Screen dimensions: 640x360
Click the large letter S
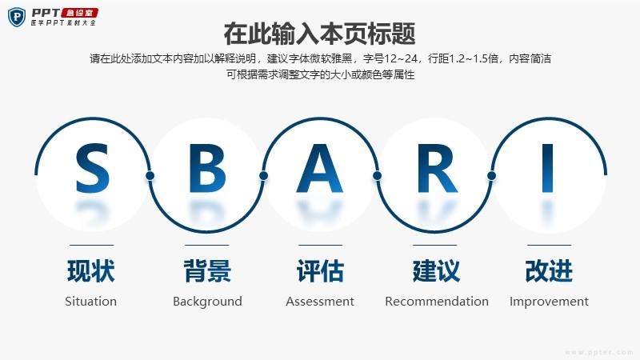coord(93,168)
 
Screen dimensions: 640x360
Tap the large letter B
coord(207,168)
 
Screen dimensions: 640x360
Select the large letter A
coord(319,168)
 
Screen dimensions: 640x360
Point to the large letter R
coord(437,168)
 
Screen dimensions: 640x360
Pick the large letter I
coord(547,168)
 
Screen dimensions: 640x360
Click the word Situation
coord(90,302)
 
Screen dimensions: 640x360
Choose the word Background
coord(207,302)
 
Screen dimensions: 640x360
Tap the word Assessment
coord(319,302)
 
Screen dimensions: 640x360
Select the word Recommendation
coord(437,302)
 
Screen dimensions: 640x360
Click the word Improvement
coord(549,302)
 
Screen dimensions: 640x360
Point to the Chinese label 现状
coord(91,270)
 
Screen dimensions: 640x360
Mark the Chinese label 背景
coord(207,270)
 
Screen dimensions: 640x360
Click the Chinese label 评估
coord(321,270)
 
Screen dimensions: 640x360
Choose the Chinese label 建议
coord(436,270)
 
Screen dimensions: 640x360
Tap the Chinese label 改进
coord(549,270)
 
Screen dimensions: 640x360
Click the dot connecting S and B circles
coord(150,175)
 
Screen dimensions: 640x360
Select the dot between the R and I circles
coord(491,175)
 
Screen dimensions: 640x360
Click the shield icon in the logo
coord(17,17)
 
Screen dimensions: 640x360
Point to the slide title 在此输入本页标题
coord(319,34)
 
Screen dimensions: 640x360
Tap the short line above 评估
coord(321,245)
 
